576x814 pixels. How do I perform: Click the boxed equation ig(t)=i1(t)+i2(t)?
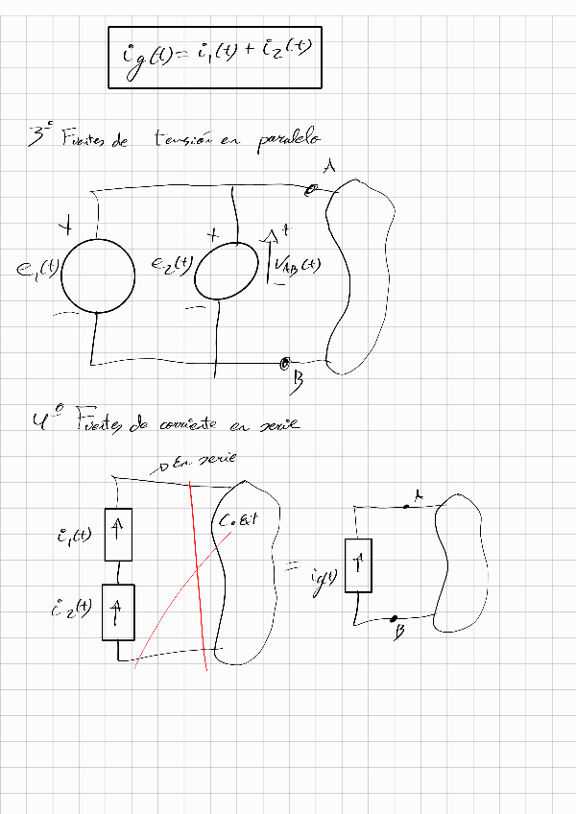213,56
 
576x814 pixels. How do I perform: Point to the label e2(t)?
173,265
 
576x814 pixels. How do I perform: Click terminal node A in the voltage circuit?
310,191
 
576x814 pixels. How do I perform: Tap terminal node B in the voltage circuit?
284,364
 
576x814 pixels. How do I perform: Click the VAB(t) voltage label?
297,268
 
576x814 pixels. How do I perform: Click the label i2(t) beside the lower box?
73,609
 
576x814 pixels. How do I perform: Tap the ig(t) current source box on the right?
357,565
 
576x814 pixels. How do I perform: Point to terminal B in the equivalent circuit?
395,619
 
